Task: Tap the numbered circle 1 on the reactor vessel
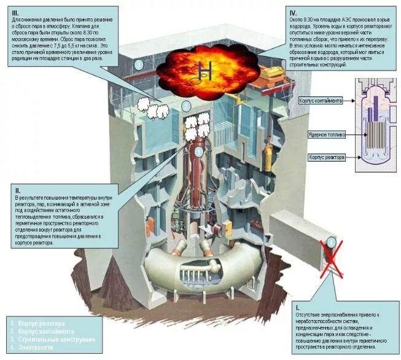pyautogui.click(x=198, y=151)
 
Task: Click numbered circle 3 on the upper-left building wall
pyautogui.click(x=139, y=64)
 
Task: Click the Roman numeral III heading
pyautogui.click(x=17, y=13)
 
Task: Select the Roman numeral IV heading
pyautogui.click(x=294, y=12)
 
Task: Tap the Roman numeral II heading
pyautogui.click(x=17, y=190)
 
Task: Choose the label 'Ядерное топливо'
pyautogui.click(x=327, y=133)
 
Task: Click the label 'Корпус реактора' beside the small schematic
pyautogui.click(x=326, y=158)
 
